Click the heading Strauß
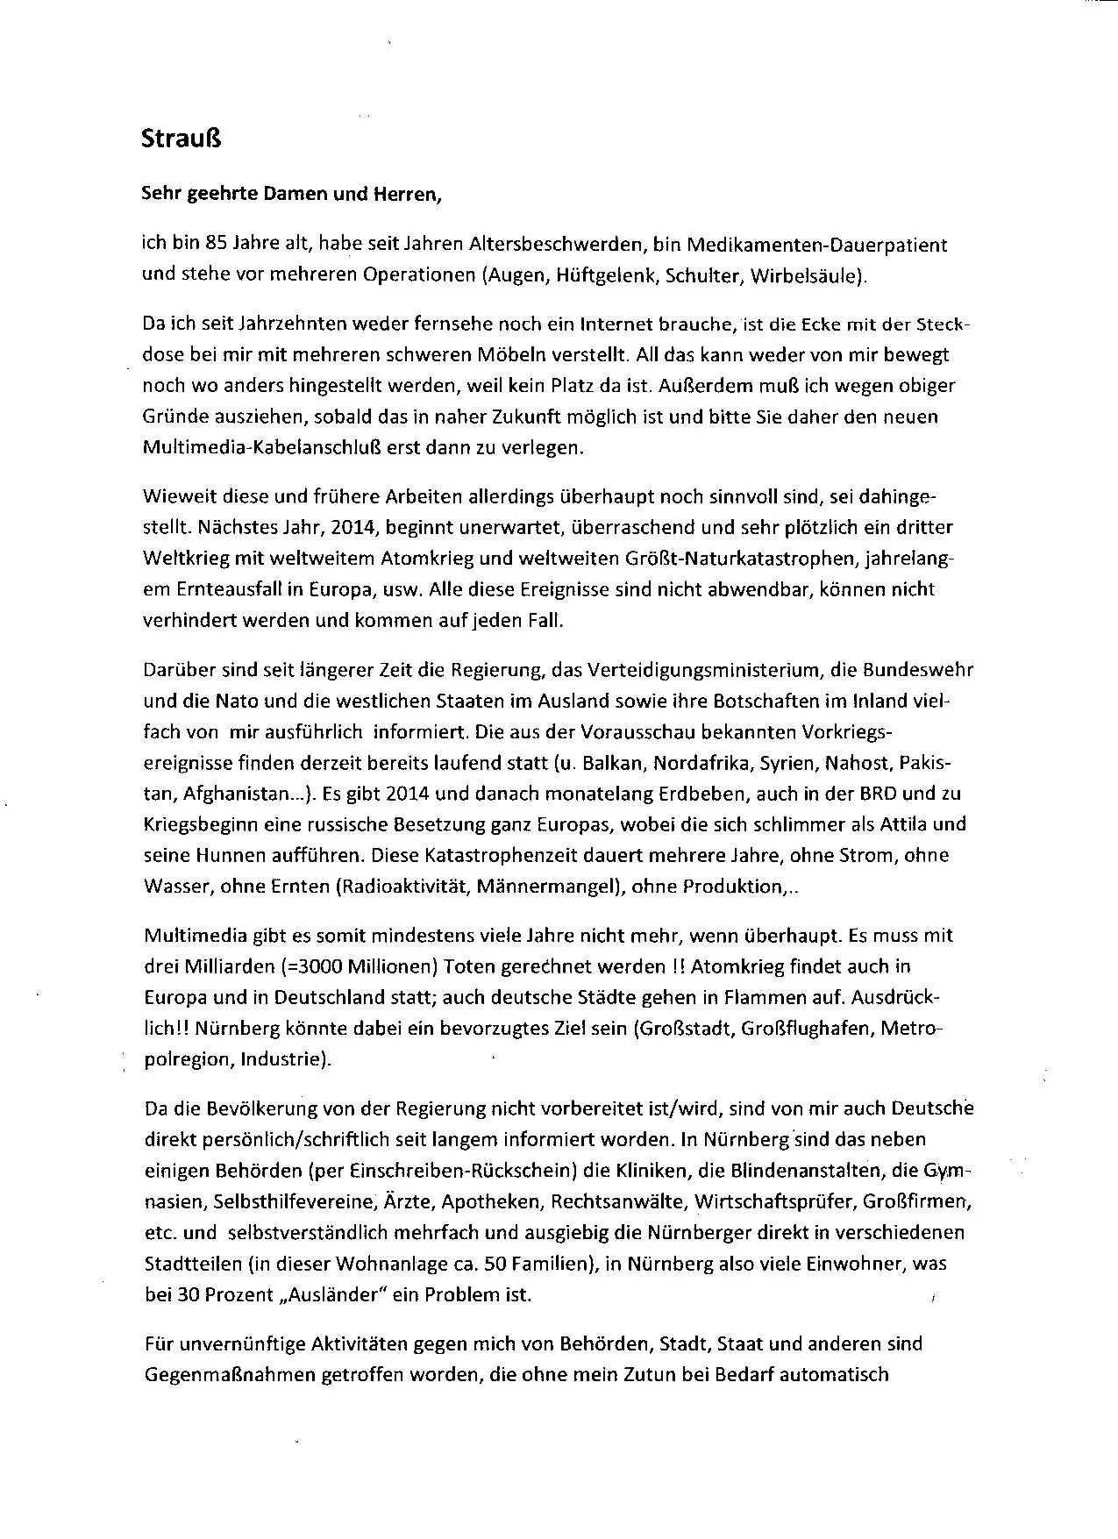181,139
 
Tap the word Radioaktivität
404,886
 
